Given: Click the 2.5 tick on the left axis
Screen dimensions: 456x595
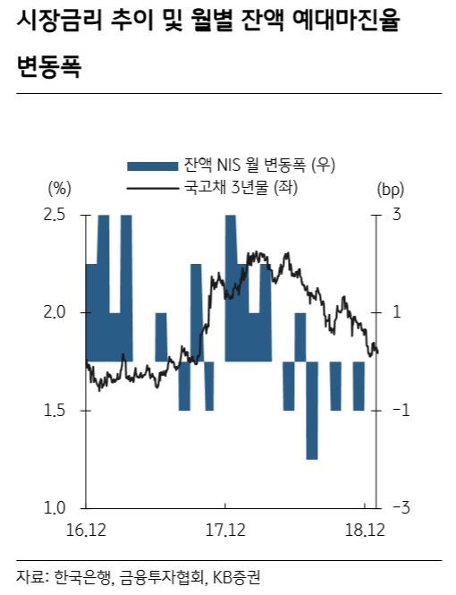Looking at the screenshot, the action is coord(55,215).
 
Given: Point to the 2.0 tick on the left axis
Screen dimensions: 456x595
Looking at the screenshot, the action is coord(55,312).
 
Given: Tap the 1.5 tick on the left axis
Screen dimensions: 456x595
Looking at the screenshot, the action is coord(55,411).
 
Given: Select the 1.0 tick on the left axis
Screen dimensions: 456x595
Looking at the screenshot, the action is coord(55,508).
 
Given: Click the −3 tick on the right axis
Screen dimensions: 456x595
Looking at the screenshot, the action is coord(400,507).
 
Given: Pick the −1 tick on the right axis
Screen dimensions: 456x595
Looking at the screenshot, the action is coord(400,410).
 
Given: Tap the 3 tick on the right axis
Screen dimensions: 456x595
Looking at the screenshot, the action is coord(396,215).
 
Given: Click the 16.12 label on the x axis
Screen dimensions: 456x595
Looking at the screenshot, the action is coord(86,530).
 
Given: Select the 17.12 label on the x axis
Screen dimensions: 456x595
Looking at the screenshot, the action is coord(225,530).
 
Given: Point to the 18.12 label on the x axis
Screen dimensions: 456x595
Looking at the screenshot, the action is coord(365,530).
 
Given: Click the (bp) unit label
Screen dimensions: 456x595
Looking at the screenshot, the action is coord(391,189).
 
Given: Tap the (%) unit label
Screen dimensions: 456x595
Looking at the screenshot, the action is coord(60,189).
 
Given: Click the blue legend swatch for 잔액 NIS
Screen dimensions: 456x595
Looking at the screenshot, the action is coord(152,166).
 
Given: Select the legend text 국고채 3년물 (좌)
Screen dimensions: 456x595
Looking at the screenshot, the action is coord(241,187).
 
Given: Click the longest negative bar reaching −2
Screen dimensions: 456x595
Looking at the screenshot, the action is coord(312,411).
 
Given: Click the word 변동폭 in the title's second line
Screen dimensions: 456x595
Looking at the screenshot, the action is coord(48,67).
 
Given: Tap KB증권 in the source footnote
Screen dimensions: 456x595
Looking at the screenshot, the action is coord(236,577).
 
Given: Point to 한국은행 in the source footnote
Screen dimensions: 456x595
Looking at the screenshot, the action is coord(83,577).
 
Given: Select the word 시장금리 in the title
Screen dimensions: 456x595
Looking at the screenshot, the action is coord(60,21).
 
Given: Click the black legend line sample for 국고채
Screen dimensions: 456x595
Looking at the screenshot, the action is coord(152,188).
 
